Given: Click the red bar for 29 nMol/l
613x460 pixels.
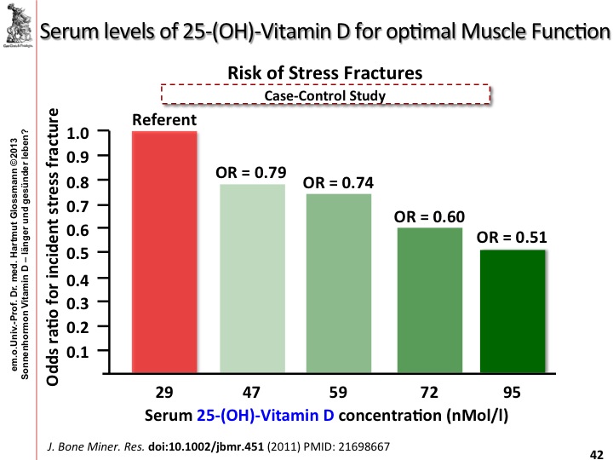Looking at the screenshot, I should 164,252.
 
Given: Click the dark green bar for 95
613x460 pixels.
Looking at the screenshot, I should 511,312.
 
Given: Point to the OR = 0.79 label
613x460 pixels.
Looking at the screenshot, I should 251,172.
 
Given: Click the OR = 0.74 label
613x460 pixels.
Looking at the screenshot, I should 338,182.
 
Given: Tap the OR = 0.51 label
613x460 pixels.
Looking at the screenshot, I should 512,237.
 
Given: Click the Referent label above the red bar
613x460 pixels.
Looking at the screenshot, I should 164,121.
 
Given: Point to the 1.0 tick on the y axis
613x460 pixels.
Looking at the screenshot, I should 77,133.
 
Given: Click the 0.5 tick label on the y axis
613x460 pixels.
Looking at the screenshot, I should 77,254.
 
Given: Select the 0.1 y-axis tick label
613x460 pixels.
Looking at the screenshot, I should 77,350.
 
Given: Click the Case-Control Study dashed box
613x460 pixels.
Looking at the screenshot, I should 325,95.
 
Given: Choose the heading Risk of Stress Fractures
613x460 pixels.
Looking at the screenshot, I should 324,73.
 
